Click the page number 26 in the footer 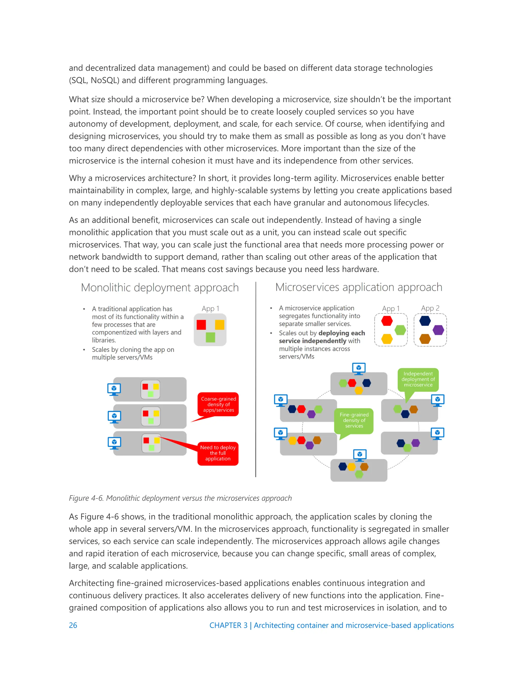tap(73, 625)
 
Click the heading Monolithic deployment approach tap(160, 288)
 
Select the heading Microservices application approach tap(359, 287)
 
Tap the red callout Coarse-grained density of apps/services tap(218, 404)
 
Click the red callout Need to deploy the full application tap(218, 453)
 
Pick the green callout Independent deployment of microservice tap(418, 379)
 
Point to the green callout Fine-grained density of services tap(354, 420)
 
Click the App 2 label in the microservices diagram tap(430, 308)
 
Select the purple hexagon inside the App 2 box tap(438, 330)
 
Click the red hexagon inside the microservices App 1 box tap(387, 321)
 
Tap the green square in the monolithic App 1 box tap(210, 337)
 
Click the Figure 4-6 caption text tap(180, 498)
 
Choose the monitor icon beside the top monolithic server tap(114, 389)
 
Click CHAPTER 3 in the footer tap(228, 625)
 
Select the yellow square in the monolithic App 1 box tap(220, 324)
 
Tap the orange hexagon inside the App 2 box tap(425, 339)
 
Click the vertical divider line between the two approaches tap(256, 378)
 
